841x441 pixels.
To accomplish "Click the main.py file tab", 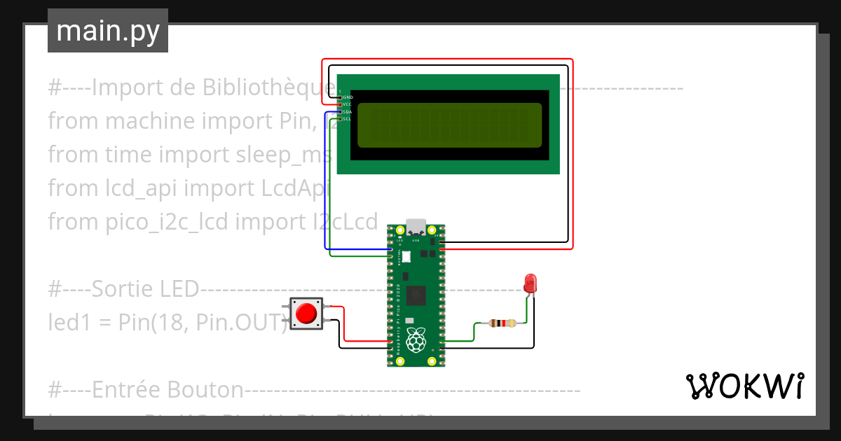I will [107, 31].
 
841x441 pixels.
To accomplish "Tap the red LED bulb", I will [531, 283].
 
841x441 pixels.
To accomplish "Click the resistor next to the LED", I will [502, 323].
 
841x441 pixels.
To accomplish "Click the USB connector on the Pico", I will [417, 226].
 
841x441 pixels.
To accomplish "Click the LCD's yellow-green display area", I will [450, 125].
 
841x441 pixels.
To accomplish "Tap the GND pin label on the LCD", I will [347, 97].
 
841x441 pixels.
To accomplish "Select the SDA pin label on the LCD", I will [347, 111].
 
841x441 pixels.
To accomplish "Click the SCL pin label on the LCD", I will [347, 119].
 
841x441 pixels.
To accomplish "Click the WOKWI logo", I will [744, 386].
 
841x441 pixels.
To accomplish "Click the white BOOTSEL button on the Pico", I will [406, 258].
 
